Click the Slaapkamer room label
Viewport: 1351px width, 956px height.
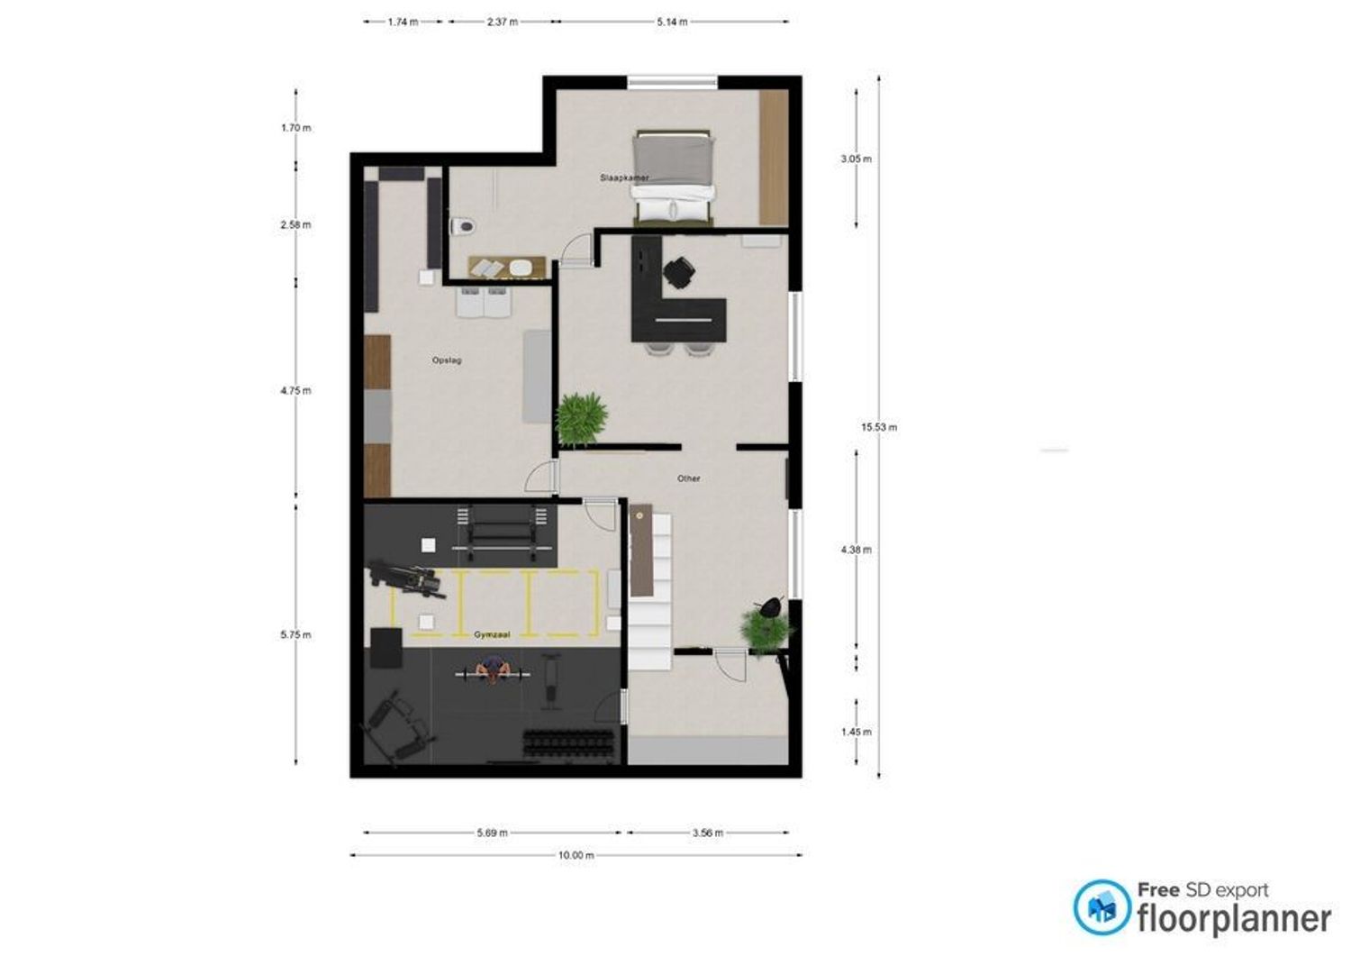pyautogui.click(x=624, y=178)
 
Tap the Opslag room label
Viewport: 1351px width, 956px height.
pyautogui.click(x=447, y=360)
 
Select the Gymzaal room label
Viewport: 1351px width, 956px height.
pyautogui.click(x=492, y=634)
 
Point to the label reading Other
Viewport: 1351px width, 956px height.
pyautogui.click(x=688, y=478)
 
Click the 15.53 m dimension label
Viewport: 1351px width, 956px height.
pyautogui.click(x=879, y=427)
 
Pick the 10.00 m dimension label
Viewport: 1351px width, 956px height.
pyautogui.click(x=576, y=854)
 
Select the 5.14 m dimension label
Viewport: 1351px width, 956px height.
pyautogui.click(x=672, y=22)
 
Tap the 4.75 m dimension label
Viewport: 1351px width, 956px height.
pyautogui.click(x=295, y=390)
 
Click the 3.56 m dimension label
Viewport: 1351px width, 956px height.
pyautogui.click(x=707, y=833)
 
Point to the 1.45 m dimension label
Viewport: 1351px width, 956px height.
pyautogui.click(x=856, y=732)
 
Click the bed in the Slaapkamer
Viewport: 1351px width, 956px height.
pyautogui.click(x=672, y=178)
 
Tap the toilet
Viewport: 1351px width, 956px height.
pyautogui.click(x=463, y=226)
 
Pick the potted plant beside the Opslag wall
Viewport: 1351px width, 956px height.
pyautogui.click(x=581, y=418)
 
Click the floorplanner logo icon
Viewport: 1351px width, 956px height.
pyautogui.click(x=1102, y=907)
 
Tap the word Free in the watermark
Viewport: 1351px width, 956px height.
pyautogui.click(x=1158, y=889)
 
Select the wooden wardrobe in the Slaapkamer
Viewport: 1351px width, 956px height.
pyautogui.click(x=774, y=158)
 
